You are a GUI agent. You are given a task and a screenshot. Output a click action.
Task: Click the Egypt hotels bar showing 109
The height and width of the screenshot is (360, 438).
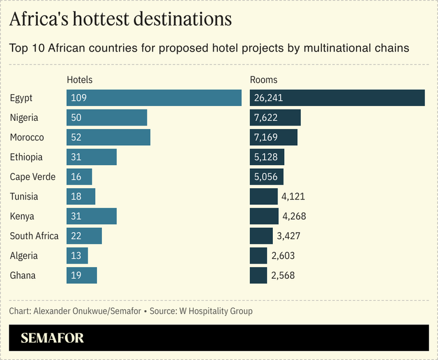click(x=154, y=98)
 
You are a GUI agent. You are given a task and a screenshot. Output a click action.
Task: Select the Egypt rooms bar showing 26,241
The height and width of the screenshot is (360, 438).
click(x=337, y=98)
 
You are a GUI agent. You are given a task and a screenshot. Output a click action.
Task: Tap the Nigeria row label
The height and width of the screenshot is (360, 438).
click(x=24, y=118)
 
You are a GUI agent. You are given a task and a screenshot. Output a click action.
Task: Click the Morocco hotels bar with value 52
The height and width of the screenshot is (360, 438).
click(x=108, y=137)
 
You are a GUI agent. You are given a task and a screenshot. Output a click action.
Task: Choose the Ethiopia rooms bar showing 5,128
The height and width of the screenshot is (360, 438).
click(x=267, y=157)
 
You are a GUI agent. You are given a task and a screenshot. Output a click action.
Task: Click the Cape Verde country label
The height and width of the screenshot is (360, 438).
click(x=33, y=177)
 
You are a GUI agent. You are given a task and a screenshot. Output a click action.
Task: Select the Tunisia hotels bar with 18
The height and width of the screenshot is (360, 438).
click(x=81, y=197)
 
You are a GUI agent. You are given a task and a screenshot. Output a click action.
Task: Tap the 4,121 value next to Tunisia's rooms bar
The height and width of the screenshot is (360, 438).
click(x=294, y=197)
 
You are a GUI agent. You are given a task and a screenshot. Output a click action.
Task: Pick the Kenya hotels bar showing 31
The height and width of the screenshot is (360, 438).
click(x=92, y=216)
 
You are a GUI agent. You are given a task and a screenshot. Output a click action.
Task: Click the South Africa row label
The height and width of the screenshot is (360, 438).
click(x=34, y=236)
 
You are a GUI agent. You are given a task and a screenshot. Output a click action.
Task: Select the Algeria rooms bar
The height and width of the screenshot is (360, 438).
click(x=259, y=256)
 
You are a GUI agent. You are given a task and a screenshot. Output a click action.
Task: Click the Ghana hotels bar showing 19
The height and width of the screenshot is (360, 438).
click(x=82, y=275)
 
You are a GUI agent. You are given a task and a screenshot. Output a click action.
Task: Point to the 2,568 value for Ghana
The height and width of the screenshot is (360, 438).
click(x=283, y=275)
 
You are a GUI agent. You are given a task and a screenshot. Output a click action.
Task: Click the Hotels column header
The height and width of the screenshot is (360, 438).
click(x=80, y=79)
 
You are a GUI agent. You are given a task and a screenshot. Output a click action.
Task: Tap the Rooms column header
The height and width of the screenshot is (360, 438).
click(x=263, y=79)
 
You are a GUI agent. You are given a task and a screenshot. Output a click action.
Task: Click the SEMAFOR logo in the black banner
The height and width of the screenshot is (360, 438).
click(x=52, y=338)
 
